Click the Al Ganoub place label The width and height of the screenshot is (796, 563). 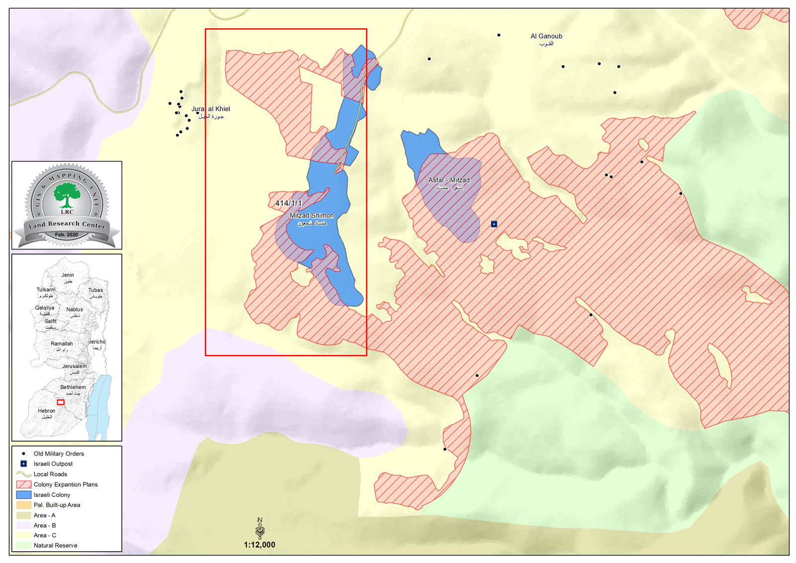click(x=546, y=36)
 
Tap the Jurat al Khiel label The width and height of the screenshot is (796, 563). click(x=211, y=109)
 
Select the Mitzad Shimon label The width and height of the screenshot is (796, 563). click(x=312, y=216)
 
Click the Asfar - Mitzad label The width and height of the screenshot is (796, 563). click(x=449, y=180)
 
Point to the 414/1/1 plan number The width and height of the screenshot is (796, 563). click(x=289, y=203)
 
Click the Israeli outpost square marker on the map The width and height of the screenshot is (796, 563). click(x=494, y=224)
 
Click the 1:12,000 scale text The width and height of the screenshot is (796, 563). click(x=259, y=545)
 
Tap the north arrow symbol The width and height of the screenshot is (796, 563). click(x=260, y=528)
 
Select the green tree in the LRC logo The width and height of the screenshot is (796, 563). click(x=67, y=194)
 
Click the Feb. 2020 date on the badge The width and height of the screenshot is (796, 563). click(x=66, y=235)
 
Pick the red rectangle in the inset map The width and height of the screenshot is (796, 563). click(x=61, y=402)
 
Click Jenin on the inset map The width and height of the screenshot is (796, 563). click(x=68, y=275)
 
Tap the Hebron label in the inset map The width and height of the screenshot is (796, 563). click(x=46, y=411)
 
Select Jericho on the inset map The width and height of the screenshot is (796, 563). click(x=97, y=342)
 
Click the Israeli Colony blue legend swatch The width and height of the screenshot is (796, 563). click(x=23, y=495)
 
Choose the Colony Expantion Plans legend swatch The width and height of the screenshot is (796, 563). click(x=23, y=484)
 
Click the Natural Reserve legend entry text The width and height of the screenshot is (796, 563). click(x=55, y=546)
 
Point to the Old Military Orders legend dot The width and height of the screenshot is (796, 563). click(x=23, y=454)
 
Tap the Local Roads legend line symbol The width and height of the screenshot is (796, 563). click(x=23, y=474)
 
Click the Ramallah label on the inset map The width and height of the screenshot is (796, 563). click(x=62, y=344)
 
